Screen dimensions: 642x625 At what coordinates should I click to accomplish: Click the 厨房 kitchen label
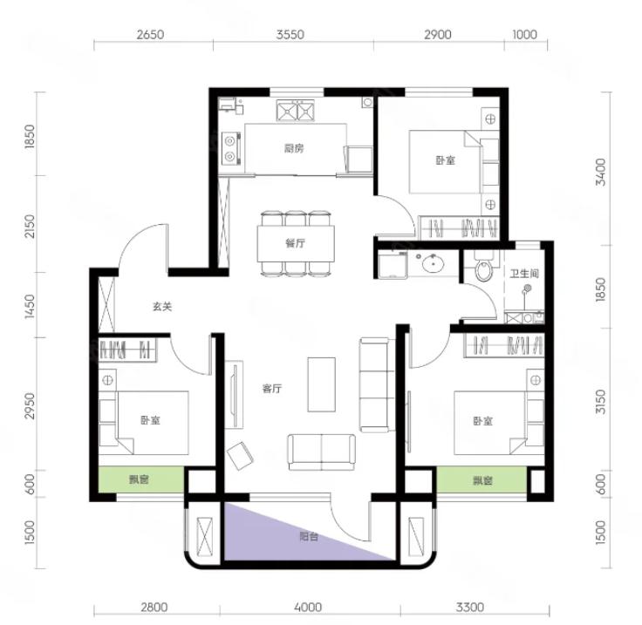[294, 148]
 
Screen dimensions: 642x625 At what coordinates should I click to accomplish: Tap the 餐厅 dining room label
[295, 243]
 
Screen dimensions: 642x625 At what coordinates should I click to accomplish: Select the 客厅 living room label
[272, 388]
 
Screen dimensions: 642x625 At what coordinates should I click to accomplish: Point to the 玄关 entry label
[162, 306]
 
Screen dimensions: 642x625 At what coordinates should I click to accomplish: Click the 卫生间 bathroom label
[524, 273]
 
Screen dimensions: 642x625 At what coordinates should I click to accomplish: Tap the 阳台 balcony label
[309, 536]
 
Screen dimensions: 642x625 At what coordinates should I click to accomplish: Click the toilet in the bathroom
[483, 266]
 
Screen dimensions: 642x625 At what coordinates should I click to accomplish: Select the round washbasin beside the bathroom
[434, 263]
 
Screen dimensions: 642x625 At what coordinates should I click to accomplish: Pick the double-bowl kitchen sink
[295, 111]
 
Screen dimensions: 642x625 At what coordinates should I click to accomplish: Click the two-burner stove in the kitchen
[230, 148]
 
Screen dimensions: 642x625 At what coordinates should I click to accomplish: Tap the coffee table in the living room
[321, 384]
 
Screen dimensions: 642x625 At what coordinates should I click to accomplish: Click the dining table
[296, 244]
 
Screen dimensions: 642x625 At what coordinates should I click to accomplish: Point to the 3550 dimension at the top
[290, 34]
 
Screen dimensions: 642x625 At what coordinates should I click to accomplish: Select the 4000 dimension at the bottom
[308, 607]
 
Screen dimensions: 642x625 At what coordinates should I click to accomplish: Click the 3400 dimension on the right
[601, 173]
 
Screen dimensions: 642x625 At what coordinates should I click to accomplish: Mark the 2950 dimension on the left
[30, 405]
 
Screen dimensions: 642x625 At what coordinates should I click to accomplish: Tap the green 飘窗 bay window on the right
[481, 479]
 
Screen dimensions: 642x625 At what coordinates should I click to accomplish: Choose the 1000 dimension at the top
[524, 34]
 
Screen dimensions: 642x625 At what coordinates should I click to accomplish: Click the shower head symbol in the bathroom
[527, 289]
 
